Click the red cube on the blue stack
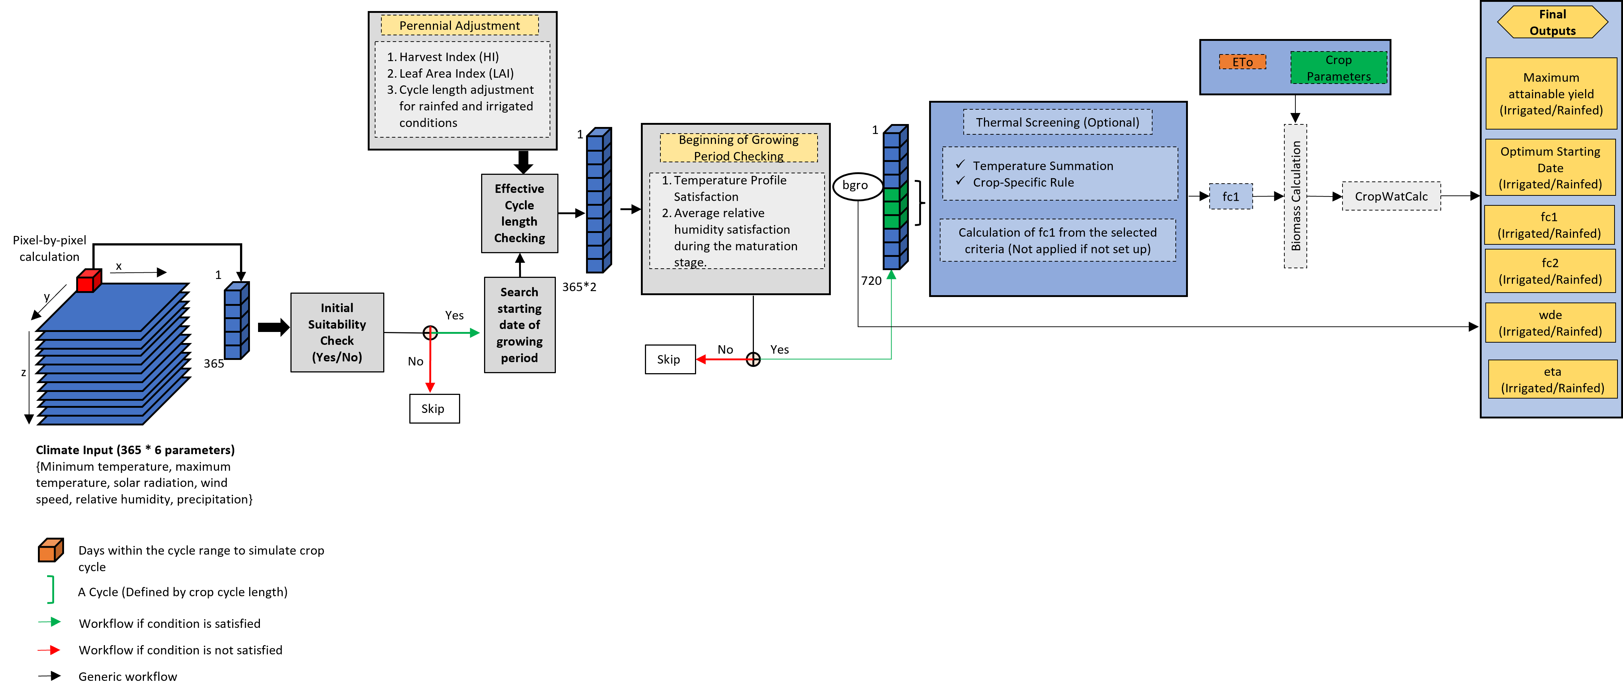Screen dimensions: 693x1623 (89, 282)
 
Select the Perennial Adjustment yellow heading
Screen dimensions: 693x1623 (459, 25)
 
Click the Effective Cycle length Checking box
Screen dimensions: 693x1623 (519, 213)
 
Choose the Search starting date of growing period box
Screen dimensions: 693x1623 (519, 325)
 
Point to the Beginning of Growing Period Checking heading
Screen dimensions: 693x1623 (738, 148)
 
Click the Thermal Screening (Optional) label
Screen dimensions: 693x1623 (1057, 122)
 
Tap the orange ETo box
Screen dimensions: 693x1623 (1242, 62)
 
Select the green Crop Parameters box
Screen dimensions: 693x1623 (1338, 67)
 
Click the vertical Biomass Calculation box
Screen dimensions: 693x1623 (1295, 195)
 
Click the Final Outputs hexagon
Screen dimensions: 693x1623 (1552, 22)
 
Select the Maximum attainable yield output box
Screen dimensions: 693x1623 (1550, 93)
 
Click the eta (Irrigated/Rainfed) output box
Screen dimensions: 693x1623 (1552, 379)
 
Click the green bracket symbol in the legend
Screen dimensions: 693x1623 (50, 589)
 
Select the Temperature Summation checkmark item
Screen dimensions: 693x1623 (1042, 166)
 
